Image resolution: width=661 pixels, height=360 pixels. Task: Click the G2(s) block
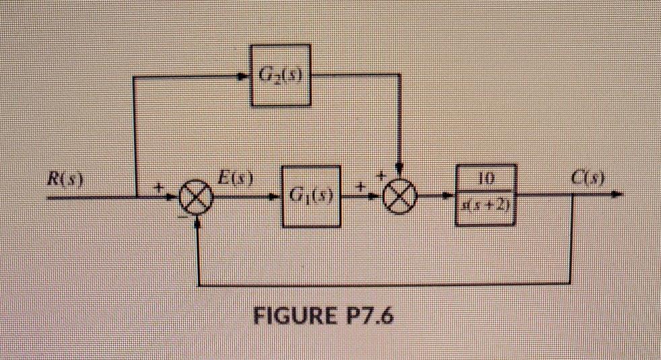pyautogui.click(x=281, y=75)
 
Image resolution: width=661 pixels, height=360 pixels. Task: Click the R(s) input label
pyautogui.click(x=67, y=180)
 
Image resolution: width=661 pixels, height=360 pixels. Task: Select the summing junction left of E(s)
pyautogui.click(x=197, y=199)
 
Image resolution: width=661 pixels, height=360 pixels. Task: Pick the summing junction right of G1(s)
pyautogui.click(x=401, y=197)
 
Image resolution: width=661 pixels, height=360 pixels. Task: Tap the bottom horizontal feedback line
pyautogui.click(x=384, y=283)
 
